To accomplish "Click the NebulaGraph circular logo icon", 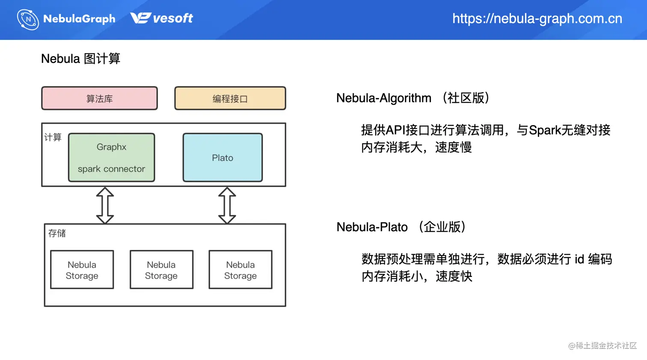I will [x=28, y=19].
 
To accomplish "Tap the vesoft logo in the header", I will [x=161, y=18].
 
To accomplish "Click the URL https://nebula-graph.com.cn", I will [x=537, y=18].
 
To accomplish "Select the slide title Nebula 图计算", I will [x=80, y=59].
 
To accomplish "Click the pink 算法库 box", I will [x=99, y=98].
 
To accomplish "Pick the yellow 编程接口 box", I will [x=230, y=98].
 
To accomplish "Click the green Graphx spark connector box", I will [x=111, y=158].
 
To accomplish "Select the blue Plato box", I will [x=223, y=158].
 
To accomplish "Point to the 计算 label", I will [x=53, y=137].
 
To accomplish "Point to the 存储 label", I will [x=57, y=233].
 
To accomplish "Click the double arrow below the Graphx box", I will [x=105, y=205].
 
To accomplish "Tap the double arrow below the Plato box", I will [x=227, y=205].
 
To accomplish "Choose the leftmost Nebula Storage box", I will [x=82, y=270].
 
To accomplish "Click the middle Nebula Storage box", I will [x=161, y=270].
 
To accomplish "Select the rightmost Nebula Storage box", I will [x=240, y=270].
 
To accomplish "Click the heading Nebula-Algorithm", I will [x=383, y=98].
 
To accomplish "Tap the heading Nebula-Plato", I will [x=372, y=227].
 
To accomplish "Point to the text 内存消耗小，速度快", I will [x=417, y=277].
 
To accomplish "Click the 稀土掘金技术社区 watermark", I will [x=602, y=345].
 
